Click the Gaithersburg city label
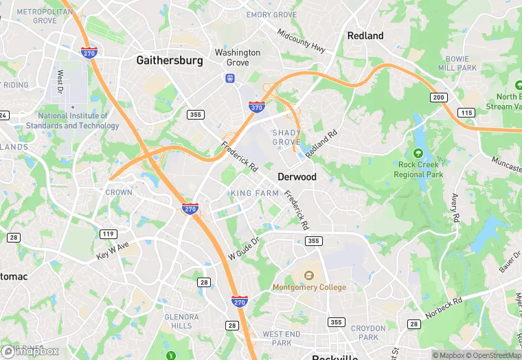pyautogui.click(x=170, y=60)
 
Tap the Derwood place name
pyautogui.click(x=297, y=177)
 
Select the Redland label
pyautogui.click(x=365, y=36)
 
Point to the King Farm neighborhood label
pyautogui.click(x=255, y=194)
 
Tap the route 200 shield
pyautogui.click(x=439, y=98)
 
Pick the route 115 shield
pyautogui.click(x=468, y=112)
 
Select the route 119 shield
pyautogui.click(x=108, y=234)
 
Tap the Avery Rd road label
pyautogui.click(x=455, y=208)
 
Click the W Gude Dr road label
pyautogui.click(x=245, y=250)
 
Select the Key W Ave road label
pyautogui.click(x=113, y=251)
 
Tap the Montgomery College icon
pyautogui.click(x=309, y=275)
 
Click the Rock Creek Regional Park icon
pyautogui.click(x=418, y=153)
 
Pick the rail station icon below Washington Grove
pyautogui.click(x=229, y=78)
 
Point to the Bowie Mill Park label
pyautogui.click(x=457, y=63)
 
